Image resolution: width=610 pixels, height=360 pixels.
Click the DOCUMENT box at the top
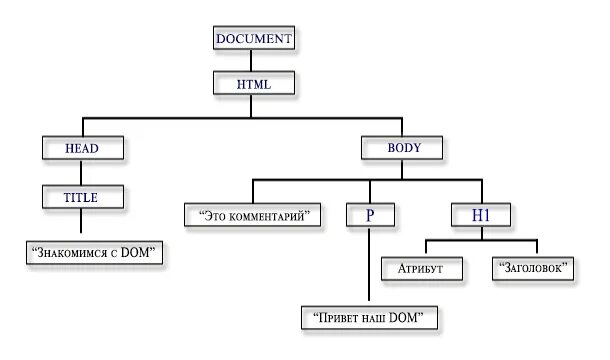coord(253,39)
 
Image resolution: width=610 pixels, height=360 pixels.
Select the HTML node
coord(253,83)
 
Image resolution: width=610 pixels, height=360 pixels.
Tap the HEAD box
coord(82,148)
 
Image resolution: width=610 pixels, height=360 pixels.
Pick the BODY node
coord(404,148)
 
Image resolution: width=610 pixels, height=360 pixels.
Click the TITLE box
coord(82,197)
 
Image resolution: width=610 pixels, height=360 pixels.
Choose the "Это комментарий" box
coord(254,214)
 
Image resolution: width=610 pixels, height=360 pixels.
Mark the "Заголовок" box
coord(533,268)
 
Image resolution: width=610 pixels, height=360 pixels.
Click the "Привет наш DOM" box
coord(369,318)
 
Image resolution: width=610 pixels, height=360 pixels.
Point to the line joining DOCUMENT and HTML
coord(253,60)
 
